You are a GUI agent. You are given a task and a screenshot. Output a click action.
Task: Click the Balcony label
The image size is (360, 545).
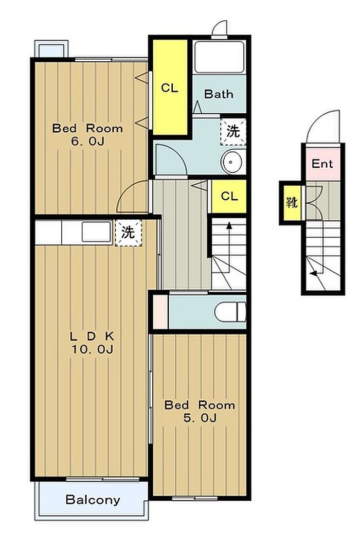click(x=93, y=500)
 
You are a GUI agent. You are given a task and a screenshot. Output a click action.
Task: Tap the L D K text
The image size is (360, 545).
click(x=92, y=336)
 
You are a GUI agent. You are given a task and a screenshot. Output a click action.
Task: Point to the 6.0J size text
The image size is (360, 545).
click(x=87, y=142)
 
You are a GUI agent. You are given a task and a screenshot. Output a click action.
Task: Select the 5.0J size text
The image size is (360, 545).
click(x=200, y=417)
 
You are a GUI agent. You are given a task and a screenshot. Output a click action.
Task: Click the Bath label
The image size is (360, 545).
click(x=219, y=94)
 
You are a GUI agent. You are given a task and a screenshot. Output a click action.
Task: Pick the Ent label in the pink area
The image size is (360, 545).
click(x=322, y=163)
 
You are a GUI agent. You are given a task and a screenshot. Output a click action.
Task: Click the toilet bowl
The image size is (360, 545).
click(x=230, y=312)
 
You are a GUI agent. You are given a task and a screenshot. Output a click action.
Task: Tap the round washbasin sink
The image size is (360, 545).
click(x=232, y=162)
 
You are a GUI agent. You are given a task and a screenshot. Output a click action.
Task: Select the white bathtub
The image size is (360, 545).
click(x=219, y=57)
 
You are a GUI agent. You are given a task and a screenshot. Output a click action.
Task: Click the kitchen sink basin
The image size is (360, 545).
click(x=96, y=232)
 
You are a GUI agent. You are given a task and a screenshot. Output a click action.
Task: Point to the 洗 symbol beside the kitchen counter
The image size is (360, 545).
click(x=128, y=233)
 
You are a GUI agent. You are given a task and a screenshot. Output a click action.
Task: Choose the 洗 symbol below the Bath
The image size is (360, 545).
click(x=233, y=131)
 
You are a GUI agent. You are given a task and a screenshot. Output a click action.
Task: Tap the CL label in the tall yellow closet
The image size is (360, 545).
click(x=170, y=88)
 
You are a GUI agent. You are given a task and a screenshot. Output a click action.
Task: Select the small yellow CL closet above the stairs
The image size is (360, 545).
click(x=229, y=196)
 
